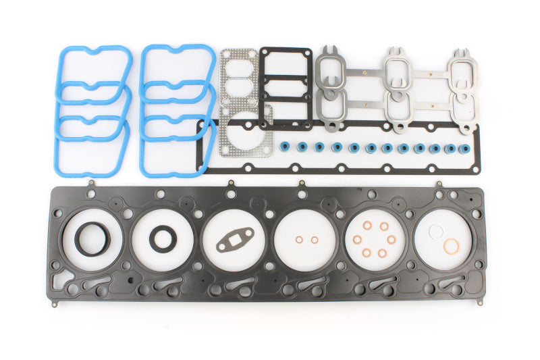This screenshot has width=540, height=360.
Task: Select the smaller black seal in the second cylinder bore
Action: [161, 238]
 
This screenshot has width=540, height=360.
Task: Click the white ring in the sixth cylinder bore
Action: [436, 231]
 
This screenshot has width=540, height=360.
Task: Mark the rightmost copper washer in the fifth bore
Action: [395, 239]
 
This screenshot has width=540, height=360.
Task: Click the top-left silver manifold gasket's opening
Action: [331, 70]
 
